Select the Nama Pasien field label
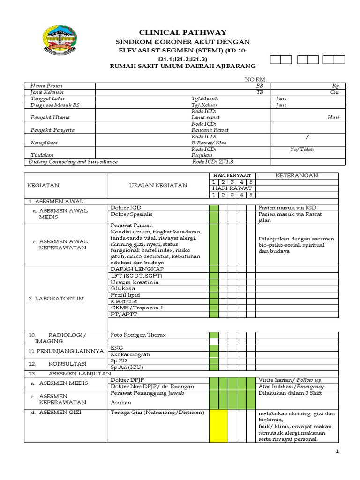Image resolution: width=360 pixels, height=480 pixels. tap(46, 86)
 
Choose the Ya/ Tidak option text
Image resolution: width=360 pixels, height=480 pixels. tap(302, 149)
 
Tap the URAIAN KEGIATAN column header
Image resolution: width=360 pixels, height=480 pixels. tap(158, 185)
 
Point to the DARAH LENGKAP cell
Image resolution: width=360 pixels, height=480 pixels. tap(137, 270)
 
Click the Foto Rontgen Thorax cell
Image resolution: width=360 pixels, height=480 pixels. tap(138, 335)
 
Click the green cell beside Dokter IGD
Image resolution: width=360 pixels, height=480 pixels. tap(214, 208)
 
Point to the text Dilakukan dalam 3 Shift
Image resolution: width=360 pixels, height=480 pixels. tap(290, 393)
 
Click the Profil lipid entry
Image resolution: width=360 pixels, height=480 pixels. tap(125, 295)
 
